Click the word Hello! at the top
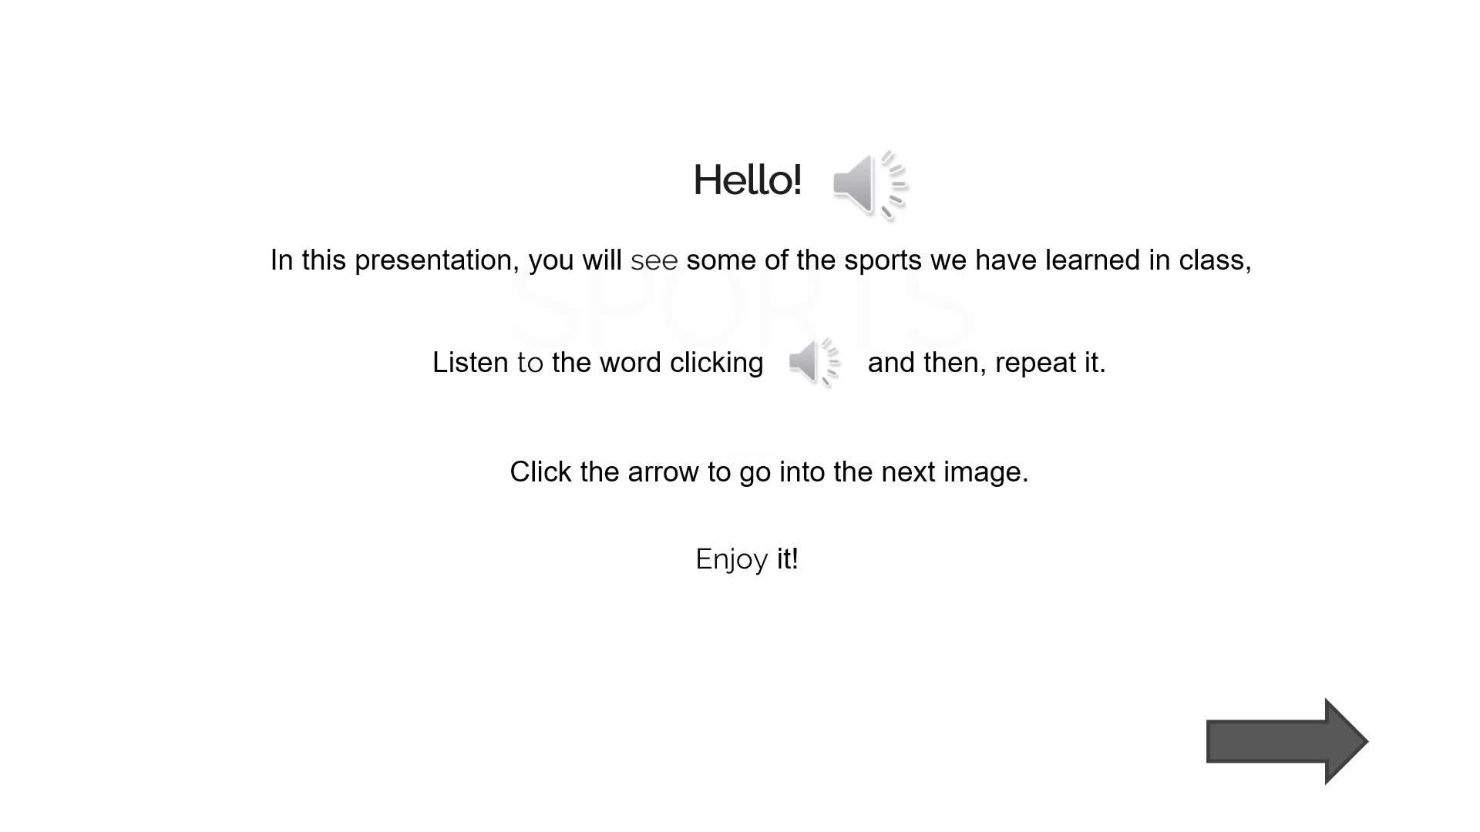pyautogui.click(x=748, y=180)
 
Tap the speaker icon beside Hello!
pyautogui.click(x=870, y=185)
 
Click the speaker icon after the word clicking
pyautogui.click(x=815, y=362)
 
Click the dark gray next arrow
pyautogui.click(x=1287, y=741)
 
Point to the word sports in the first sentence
pyautogui.click(x=883, y=261)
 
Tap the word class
pyautogui.click(x=1215, y=260)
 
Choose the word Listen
pyautogui.click(x=470, y=362)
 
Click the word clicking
pyautogui.click(x=717, y=363)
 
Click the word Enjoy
pyautogui.click(x=732, y=559)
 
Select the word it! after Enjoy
pyautogui.click(x=787, y=559)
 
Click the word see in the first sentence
pyautogui.click(x=654, y=261)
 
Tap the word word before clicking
pyautogui.click(x=631, y=362)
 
